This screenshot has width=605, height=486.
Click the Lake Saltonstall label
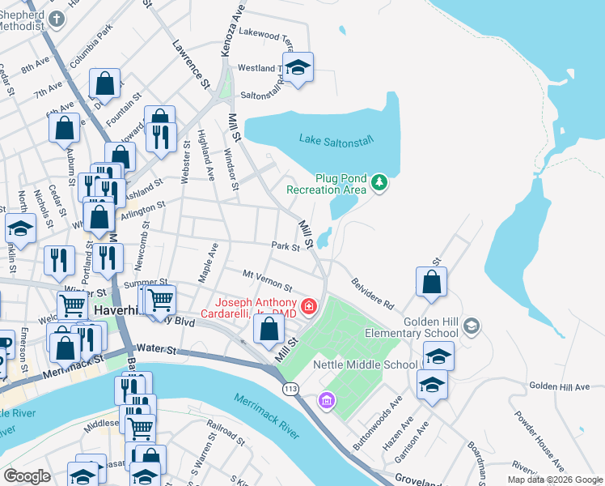pos(336,140)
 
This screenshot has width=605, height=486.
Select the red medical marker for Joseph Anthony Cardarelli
pos(308,306)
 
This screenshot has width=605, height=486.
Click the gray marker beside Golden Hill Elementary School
pos(472,326)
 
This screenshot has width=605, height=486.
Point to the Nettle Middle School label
pos(365,364)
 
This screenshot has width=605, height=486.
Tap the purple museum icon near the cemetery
pos(326,400)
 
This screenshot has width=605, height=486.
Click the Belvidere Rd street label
pos(372,294)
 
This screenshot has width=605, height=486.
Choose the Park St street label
pos(286,245)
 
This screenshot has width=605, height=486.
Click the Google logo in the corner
pos(27,475)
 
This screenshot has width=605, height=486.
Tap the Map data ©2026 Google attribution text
pos(555,480)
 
